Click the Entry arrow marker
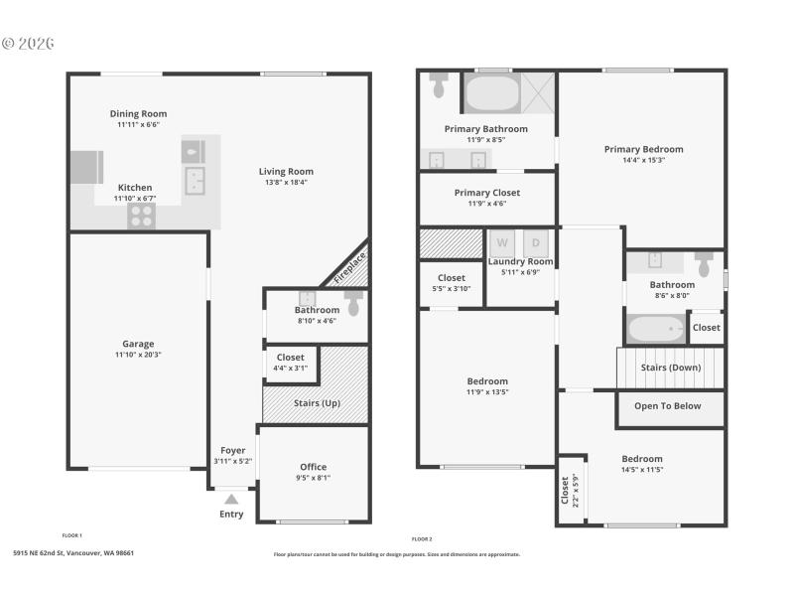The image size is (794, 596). pos(231,499)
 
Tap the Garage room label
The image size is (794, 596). pos(138,344)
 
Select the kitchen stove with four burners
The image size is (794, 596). pos(141,216)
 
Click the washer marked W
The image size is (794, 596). pos(502,242)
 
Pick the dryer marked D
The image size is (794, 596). pos(536,242)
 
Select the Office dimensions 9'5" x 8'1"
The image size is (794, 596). pos(313,478)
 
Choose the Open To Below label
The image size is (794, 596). pos(667,405)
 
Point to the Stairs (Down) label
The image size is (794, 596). pos(671,368)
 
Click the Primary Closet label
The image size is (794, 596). pos(486,193)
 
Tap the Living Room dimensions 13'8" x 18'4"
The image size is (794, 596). pos(286,182)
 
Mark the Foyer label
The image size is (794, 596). pos(232,450)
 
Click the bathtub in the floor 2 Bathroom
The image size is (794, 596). pos(655,328)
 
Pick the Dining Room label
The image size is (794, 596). pos(138,113)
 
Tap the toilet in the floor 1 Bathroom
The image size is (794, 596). pos(352,302)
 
